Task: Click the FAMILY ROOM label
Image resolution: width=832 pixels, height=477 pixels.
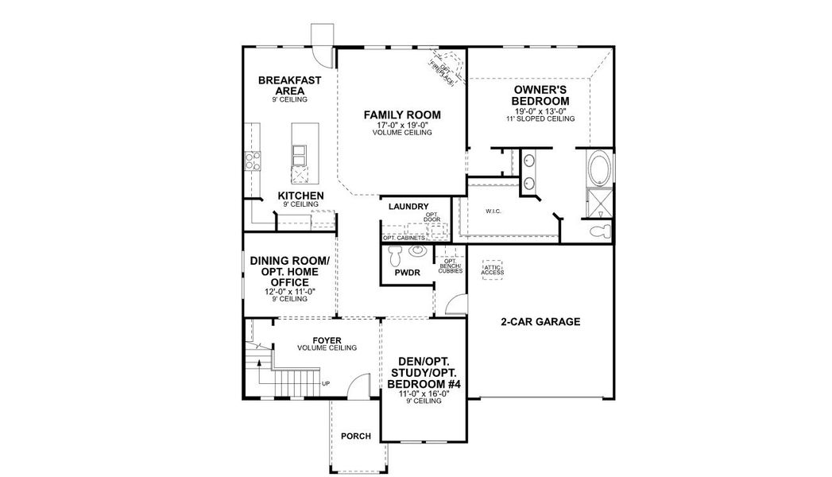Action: coord(401,114)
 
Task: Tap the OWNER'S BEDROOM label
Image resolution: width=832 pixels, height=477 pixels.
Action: coord(539,95)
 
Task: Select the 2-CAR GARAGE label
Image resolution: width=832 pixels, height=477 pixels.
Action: coord(540,322)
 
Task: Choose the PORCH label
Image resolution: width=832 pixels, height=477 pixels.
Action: coord(355,436)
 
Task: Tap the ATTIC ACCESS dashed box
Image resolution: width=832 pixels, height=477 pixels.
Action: coord(493,269)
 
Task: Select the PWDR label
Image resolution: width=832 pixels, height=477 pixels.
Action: coord(407,273)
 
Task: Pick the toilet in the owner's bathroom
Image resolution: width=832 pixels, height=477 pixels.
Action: coord(602,231)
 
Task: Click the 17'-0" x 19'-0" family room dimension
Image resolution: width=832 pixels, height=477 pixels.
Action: coord(401,126)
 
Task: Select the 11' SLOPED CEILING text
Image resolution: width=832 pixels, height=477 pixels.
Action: coord(539,118)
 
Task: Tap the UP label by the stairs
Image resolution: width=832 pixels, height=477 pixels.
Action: coord(326,384)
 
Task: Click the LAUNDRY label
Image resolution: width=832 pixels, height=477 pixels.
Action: coord(408,207)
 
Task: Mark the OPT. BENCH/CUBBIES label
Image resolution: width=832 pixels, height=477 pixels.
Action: coord(450,266)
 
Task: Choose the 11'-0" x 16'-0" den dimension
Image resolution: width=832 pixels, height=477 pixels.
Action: coord(424,393)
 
